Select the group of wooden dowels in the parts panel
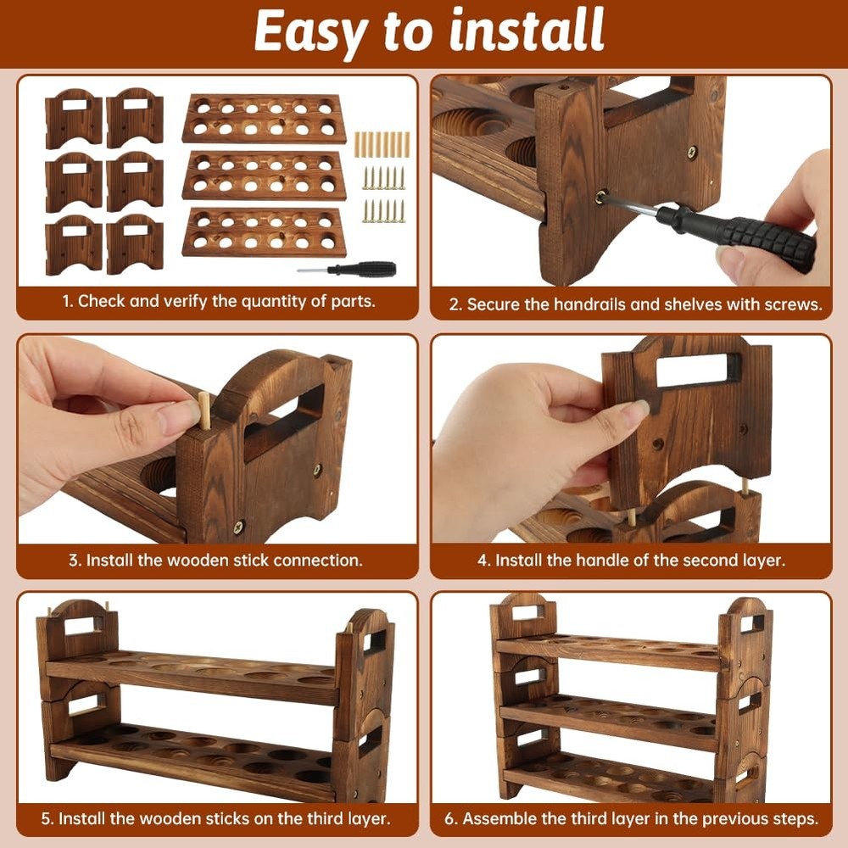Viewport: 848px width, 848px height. [x=382, y=144]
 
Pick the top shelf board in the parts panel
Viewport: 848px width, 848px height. [x=264, y=118]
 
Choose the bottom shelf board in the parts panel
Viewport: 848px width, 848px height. [x=264, y=232]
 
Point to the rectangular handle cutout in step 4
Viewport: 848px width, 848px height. [x=691, y=371]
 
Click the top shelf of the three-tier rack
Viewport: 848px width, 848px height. [x=606, y=651]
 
